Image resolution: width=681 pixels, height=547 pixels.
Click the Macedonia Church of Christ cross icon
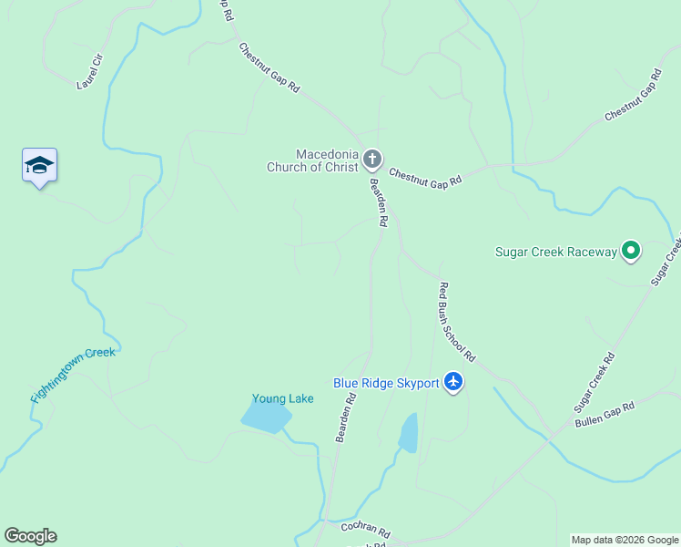click(x=371, y=160)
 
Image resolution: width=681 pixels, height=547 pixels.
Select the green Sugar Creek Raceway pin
click(x=630, y=251)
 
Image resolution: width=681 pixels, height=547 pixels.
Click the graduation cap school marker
click(x=39, y=166)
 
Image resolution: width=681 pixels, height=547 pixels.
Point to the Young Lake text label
click(x=282, y=398)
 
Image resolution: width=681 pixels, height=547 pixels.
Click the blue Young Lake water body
click(x=265, y=418)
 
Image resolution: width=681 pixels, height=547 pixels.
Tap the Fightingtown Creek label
click(x=73, y=375)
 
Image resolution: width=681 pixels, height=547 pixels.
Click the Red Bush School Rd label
click(x=457, y=321)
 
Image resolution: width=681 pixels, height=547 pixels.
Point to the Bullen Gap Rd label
click(x=605, y=416)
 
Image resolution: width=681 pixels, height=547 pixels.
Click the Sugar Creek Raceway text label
click(x=555, y=252)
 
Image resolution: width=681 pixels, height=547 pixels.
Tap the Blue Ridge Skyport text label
click(x=386, y=384)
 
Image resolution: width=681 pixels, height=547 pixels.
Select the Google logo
click(x=30, y=536)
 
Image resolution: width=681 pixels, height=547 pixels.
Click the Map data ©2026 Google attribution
click(x=625, y=540)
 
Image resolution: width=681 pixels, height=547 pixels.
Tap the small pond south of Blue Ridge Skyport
click(x=409, y=433)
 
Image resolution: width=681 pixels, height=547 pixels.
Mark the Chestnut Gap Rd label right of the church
click(x=425, y=176)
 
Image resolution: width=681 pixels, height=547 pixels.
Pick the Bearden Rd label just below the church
click(x=380, y=202)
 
